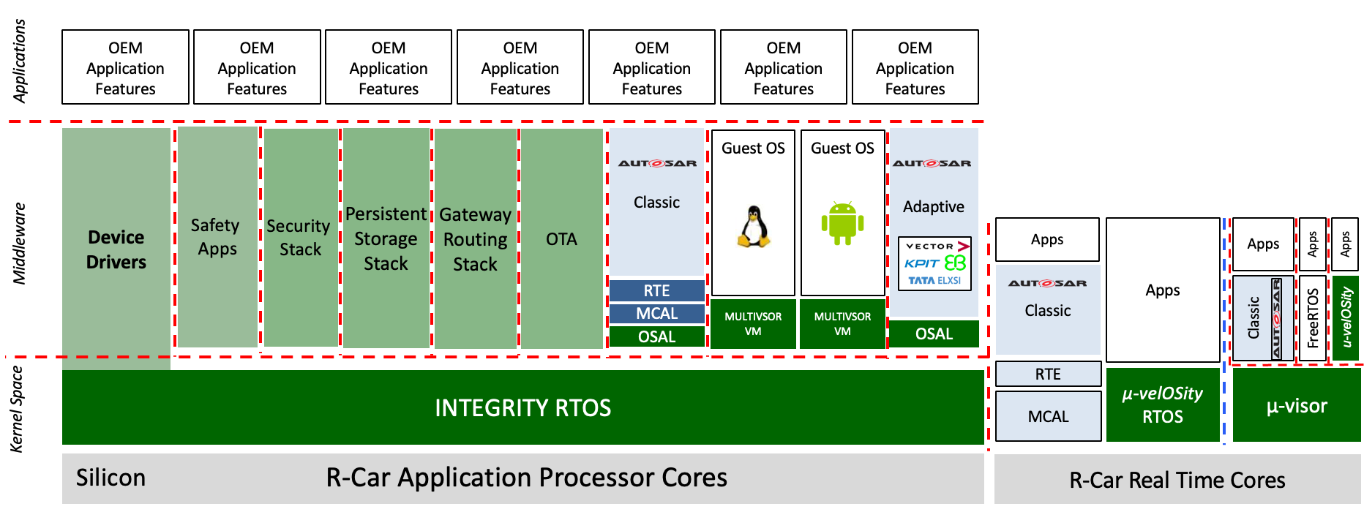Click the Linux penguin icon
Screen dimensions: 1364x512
tap(753, 226)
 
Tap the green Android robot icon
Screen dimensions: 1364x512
tap(842, 223)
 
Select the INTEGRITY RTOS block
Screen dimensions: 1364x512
tap(522, 407)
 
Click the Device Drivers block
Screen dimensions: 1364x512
tap(116, 249)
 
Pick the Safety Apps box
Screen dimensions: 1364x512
tap(217, 237)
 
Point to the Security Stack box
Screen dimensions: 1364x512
tap(301, 238)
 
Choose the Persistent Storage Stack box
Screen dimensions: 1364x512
tap(386, 238)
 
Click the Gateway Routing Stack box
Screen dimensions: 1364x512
tap(476, 238)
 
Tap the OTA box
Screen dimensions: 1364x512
tap(562, 238)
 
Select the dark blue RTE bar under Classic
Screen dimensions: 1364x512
tap(657, 290)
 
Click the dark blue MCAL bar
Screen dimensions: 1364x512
tap(657, 314)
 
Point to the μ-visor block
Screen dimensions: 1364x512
tap(1297, 405)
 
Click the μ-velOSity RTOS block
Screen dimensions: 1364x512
tap(1163, 405)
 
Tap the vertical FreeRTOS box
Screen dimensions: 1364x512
tap(1313, 318)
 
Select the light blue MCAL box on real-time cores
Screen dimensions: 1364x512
tap(1049, 416)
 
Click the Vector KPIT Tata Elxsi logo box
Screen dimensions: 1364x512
tap(934, 263)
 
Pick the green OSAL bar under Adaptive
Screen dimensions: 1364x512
tap(934, 334)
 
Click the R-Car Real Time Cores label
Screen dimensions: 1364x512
tap(1177, 480)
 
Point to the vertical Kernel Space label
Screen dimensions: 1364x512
tap(17, 409)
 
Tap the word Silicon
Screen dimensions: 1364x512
tap(110, 478)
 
